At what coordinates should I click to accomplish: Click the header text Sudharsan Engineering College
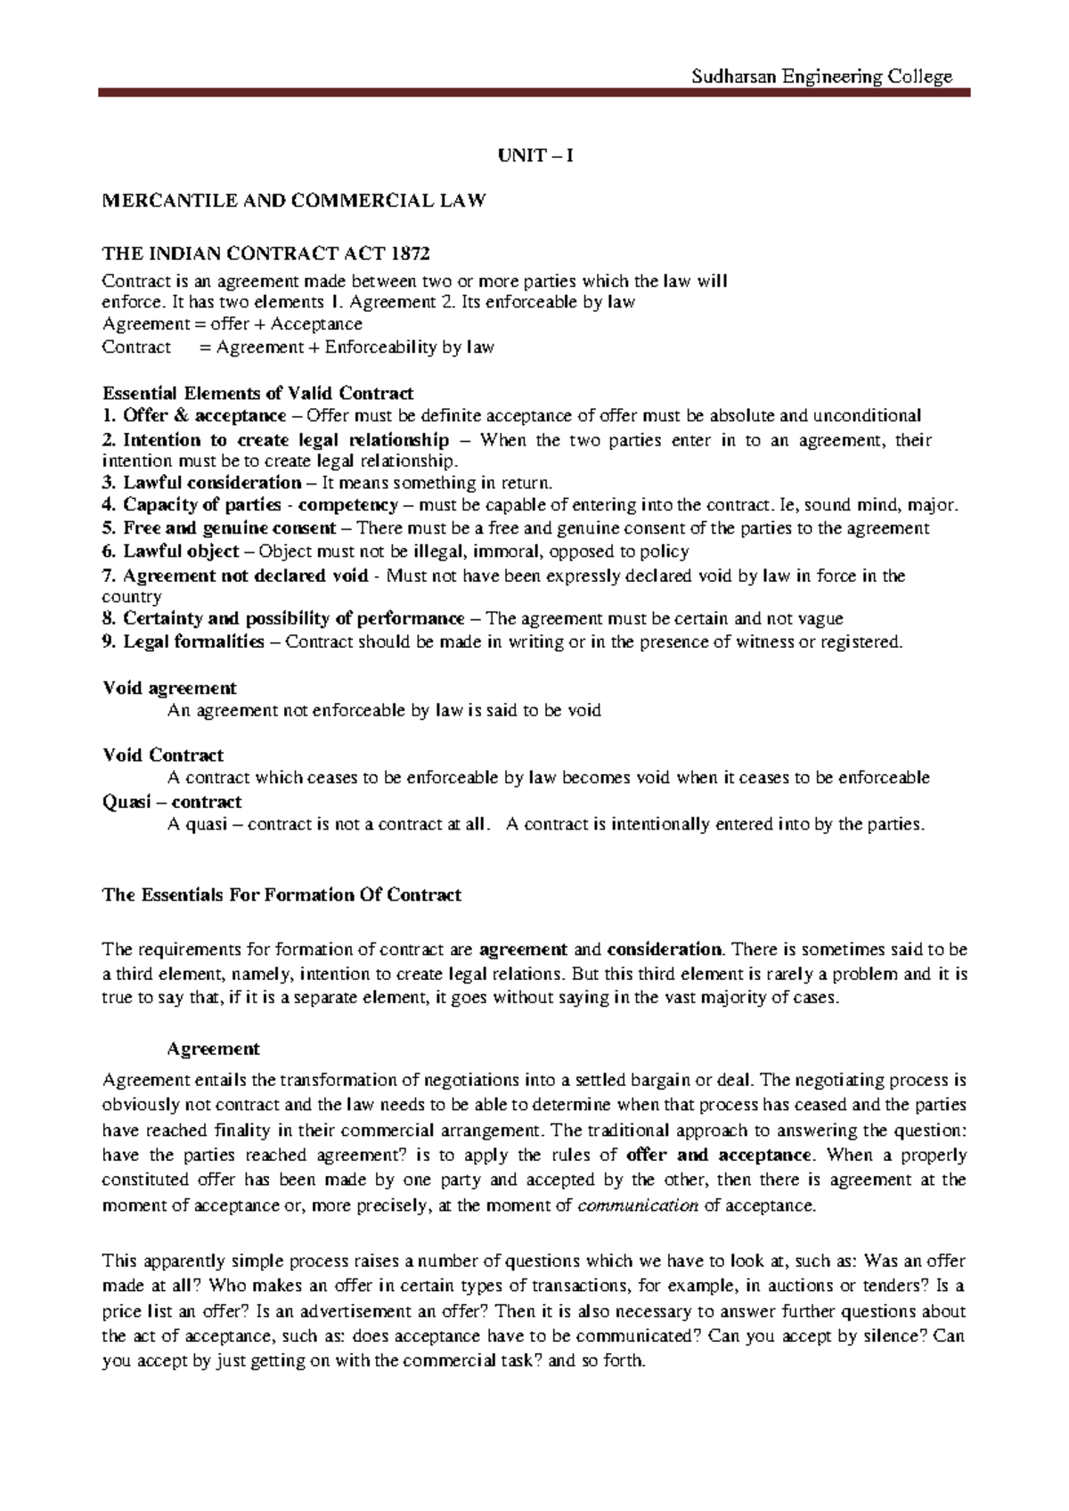(x=821, y=77)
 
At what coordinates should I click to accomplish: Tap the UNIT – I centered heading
(x=534, y=156)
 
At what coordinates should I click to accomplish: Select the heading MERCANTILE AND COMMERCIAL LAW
(x=295, y=200)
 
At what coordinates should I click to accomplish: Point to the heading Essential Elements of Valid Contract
(x=258, y=393)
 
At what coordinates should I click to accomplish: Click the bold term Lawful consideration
(x=212, y=483)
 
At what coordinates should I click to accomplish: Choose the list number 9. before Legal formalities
(x=110, y=641)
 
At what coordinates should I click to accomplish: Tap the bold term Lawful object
(x=181, y=551)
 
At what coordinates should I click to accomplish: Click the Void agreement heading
(x=169, y=688)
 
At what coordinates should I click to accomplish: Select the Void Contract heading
(x=163, y=755)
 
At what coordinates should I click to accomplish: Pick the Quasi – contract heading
(x=172, y=801)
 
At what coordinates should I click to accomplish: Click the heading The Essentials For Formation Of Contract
(x=282, y=894)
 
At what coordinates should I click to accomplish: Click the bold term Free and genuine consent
(x=216, y=528)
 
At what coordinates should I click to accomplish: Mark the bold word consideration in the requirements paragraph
(x=665, y=949)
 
